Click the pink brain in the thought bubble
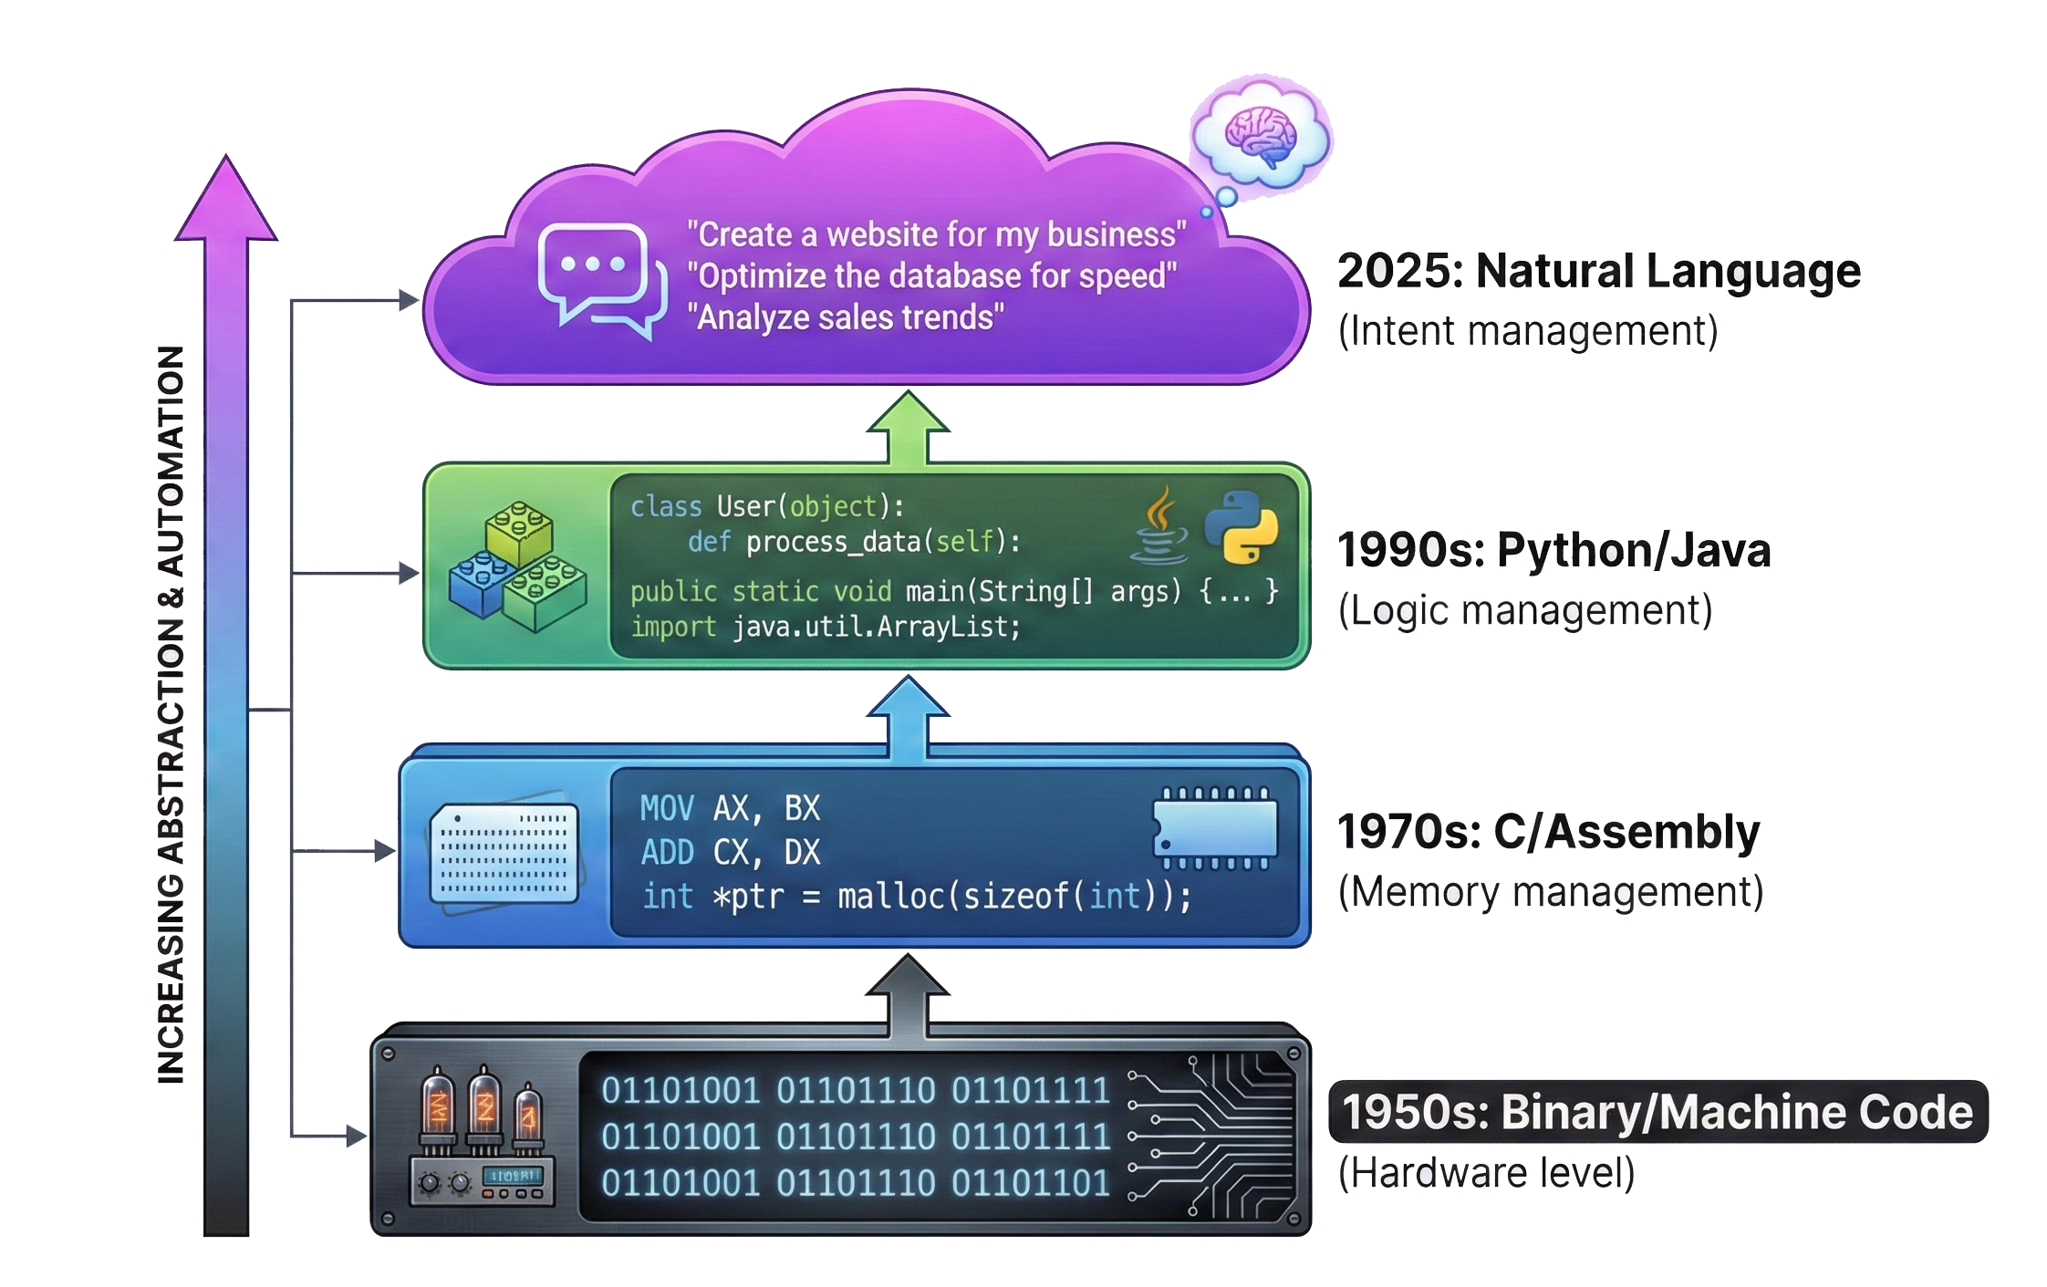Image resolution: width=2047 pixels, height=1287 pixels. [x=1261, y=136]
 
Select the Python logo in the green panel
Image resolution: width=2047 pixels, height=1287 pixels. [x=1241, y=527]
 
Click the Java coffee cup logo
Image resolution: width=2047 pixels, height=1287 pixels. [x=1159, y=526]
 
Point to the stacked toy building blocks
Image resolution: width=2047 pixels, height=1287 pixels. [x=517, y=567]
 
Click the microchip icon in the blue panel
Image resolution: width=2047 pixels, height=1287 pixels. [x=1214, y=828]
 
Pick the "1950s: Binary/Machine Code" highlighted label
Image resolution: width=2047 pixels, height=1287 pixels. [x=1657, y=1112]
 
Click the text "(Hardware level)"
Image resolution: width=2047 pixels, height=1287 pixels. [x=1486, y=1173]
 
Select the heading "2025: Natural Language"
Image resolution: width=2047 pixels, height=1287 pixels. [x=1598, y=271]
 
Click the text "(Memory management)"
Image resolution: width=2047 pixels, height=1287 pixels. [x=1550, y=892]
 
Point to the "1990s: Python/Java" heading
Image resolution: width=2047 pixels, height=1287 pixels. [x=1553, y=551]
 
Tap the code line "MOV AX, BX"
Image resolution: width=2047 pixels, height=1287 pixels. [x=730, y=808]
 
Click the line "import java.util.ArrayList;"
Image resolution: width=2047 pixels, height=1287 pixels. [x=825, y=628]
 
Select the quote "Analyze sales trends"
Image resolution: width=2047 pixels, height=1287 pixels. [x=845, y=317]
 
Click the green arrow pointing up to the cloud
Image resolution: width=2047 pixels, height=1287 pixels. [x=908, y=429]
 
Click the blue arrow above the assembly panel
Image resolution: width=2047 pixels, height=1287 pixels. [x=908, y=716]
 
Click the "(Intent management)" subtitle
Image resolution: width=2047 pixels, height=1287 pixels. [x=1527, y=331]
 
